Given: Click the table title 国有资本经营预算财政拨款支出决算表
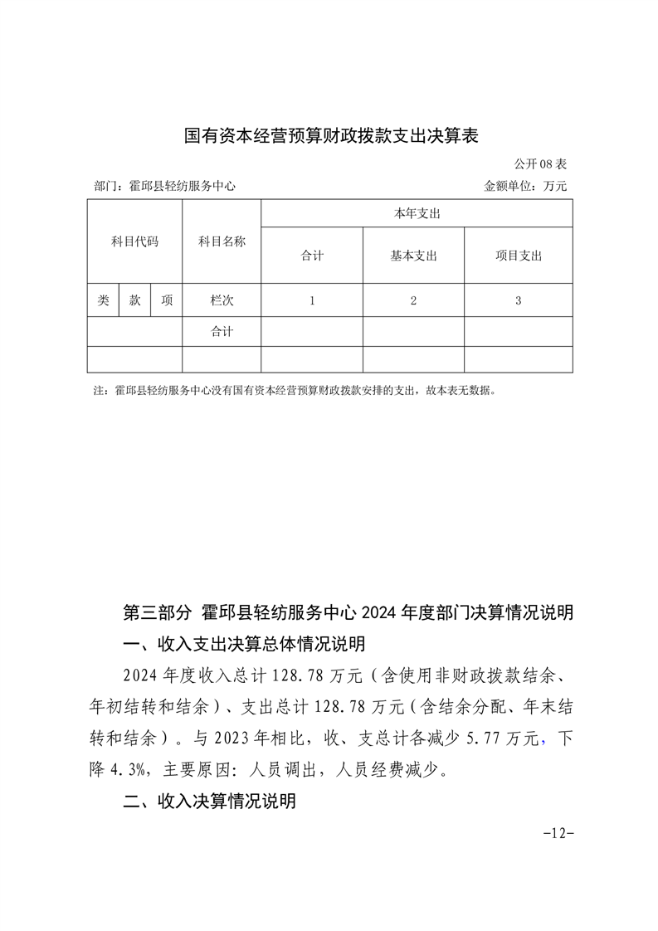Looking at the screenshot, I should click(331, 136).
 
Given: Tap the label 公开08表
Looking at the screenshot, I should click(539, 164).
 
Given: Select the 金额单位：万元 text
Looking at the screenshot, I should click(525, 187).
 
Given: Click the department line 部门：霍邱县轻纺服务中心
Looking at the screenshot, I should click(165, 187).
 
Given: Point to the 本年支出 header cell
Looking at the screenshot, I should click(417, 214).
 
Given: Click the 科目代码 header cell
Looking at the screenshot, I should click(134, 241).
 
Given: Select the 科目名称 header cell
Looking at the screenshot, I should click(222, 241).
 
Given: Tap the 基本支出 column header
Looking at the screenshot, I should click(413, 256).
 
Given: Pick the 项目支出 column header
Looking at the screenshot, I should click(518, 256).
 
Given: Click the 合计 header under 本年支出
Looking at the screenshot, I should click(312, 256).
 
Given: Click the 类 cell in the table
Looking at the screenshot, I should click(103, 300).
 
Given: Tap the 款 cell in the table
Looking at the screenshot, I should click(134, 300).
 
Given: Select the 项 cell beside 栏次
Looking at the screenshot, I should click(167, 300).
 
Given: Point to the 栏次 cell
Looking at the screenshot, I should click(222, 300).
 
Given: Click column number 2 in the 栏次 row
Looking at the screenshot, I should click(413, 300).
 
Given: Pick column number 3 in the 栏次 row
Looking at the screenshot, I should click(518, 300).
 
